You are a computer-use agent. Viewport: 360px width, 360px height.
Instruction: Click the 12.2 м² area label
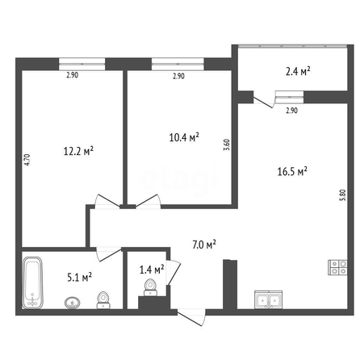click(78, 151)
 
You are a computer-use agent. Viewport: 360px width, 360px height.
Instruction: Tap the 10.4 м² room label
click(184, 137)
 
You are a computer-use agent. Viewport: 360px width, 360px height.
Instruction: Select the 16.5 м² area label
click(292, 171)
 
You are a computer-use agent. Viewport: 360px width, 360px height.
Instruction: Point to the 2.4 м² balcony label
click(298, 71)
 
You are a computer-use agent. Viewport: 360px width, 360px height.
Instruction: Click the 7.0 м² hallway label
click(204, 245)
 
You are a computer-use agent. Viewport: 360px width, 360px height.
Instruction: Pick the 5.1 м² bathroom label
click(80, 277)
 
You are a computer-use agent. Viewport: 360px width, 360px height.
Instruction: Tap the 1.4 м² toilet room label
click(152, 270)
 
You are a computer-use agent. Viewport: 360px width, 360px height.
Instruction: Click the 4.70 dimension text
click(27, 160)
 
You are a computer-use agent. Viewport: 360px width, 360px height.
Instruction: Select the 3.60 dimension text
click(227, 144)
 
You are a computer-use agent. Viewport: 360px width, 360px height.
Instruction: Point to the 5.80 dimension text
click(342, 195)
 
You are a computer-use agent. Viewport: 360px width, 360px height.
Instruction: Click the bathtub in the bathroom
click(32, 283)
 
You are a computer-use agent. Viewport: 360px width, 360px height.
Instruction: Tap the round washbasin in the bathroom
click(73, 303)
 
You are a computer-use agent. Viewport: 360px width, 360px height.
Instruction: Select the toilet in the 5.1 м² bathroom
click(103, 300)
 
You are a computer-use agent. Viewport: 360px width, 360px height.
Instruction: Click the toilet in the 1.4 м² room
click(150, 287)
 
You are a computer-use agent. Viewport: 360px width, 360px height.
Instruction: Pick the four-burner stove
click(337, 267)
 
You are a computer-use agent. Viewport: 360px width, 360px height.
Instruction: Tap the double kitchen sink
click(269, 299)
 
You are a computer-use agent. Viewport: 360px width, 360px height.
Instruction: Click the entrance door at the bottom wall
click(192, 316)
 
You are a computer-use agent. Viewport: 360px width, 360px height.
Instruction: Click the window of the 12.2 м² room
click(82, 65)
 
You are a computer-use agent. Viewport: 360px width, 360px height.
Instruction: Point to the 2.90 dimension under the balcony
click(291, 111)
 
